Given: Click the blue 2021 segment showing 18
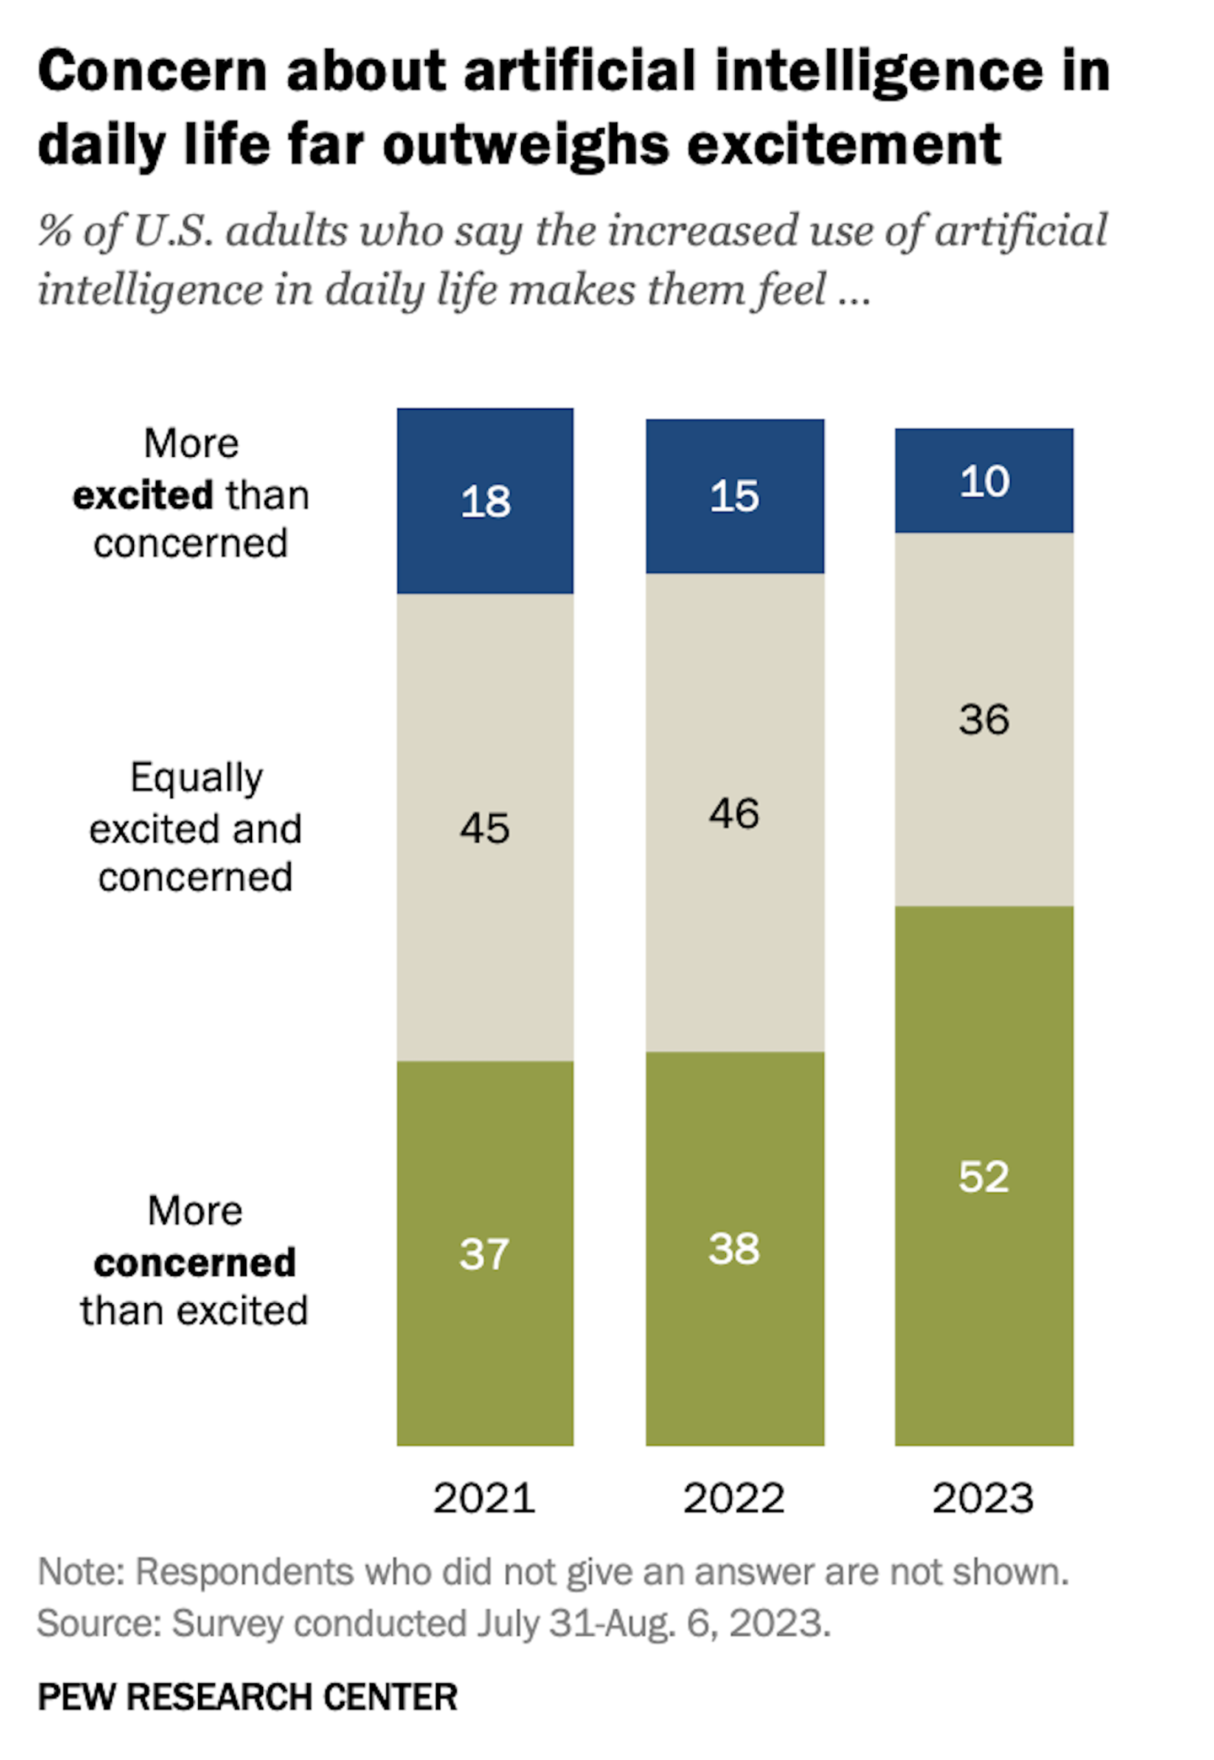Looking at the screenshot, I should (x=485, y=501).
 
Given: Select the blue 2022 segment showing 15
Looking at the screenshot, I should (x=734, y=496).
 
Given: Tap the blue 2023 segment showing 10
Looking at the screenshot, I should (x=984, y=480).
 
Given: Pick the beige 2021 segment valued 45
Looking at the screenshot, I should (x=485, y=827).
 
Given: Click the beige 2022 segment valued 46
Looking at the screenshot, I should (x=734, y=813).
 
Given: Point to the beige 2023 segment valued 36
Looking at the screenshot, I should (x=984, y=719).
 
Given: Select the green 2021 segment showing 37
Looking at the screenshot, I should (x=485, y=1253).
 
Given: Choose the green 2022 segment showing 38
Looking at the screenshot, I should (x=734, y=1248).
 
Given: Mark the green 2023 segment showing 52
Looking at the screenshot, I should (x=984, y=1176).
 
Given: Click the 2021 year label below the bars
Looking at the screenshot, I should (x=484, y=1498).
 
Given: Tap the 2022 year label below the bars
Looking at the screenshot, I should (x=733, y=1498).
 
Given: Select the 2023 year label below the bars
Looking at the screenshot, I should (x=983, y=1498).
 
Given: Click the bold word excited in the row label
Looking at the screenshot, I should (x=142, y=495).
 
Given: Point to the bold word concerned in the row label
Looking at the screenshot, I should (x=195, y=1262).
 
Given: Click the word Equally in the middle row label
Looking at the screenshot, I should (x=196, y=778).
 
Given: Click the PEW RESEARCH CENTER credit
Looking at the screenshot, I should (x=248, y=1696).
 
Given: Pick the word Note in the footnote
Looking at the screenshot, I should (x=80, y=1572).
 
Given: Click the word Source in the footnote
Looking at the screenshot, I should (x=99, y=1623).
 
